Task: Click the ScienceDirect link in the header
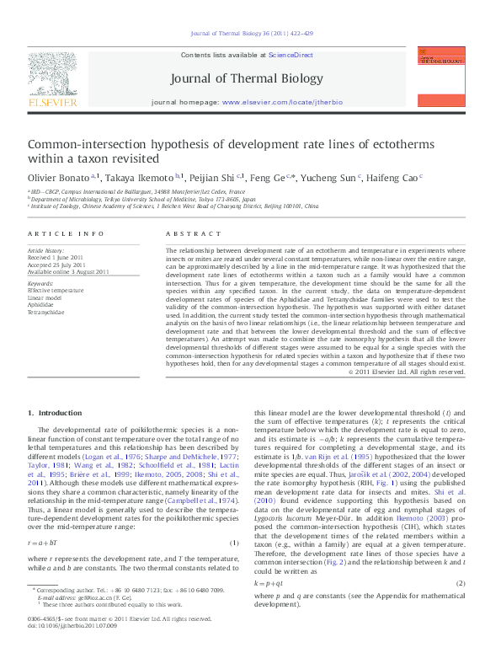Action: click(290, 54)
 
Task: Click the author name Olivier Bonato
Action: click(56, 179)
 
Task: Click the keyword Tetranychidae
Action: click(45, 312)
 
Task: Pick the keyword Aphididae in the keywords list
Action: click(42, 304)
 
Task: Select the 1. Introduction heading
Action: click(56, 413)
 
